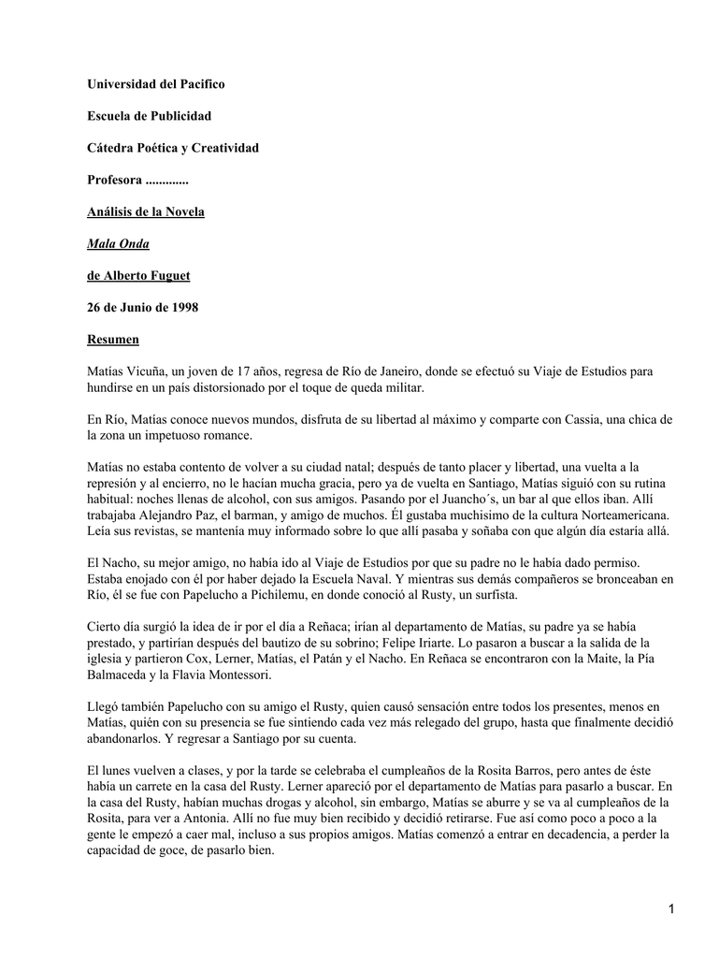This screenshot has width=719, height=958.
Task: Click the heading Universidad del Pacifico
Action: tap(155, 84)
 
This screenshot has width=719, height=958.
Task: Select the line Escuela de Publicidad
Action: tap(149, 116)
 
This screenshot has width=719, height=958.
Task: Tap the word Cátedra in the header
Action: tap(111, 148)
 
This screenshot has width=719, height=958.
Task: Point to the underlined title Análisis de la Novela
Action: tap(145, 211)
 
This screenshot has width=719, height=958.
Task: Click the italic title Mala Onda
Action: tap(118, 243)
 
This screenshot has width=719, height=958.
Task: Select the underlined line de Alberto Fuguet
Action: tap(137, 275)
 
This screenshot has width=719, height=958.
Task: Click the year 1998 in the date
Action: tap(182, 307)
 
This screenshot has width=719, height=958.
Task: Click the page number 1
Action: tap(670, 908)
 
